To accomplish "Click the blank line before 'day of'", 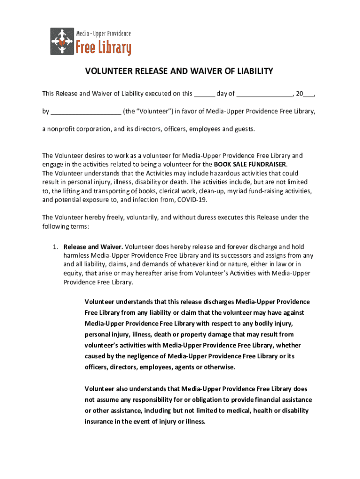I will (x=204, y=94).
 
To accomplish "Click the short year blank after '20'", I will (x=308, y=94).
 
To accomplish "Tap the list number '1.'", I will (x=55, y=247).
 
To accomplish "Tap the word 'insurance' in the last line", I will (x=99, y=421).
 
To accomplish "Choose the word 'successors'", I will (x=236, y=255).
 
